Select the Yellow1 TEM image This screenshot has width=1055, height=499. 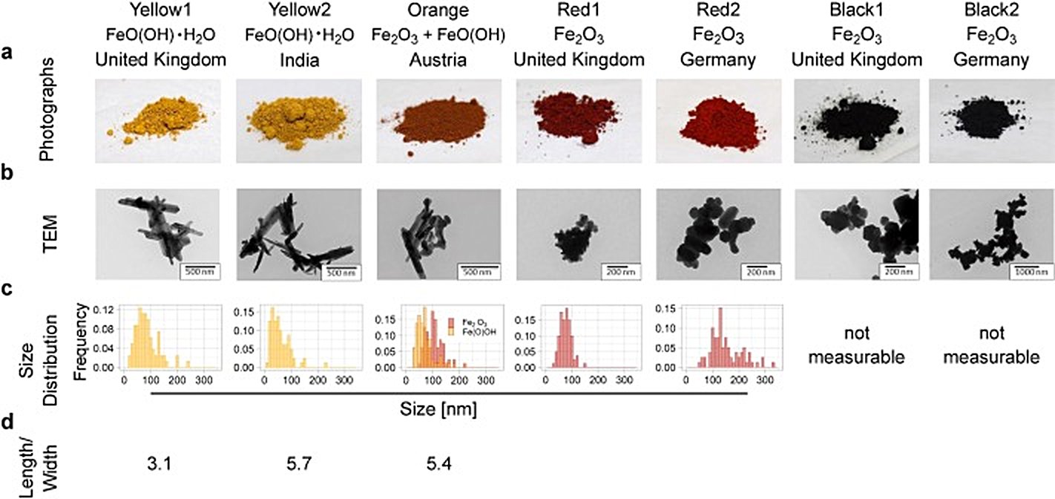(160, 232)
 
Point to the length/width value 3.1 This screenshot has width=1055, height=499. (160, 465)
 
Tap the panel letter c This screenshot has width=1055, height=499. (7, 289)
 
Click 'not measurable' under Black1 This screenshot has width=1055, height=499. (856, 346)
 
